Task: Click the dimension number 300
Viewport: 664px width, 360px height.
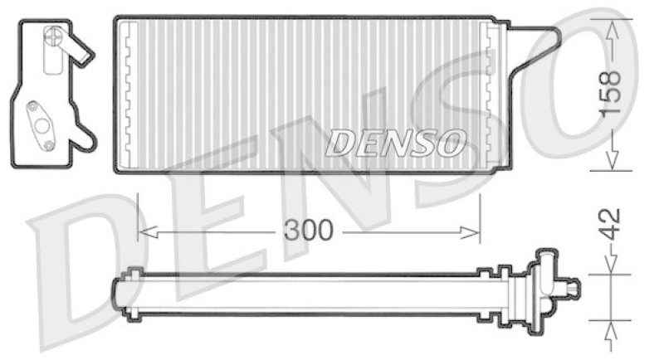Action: [308, 231]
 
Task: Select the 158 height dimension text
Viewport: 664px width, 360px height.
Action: [610, 93]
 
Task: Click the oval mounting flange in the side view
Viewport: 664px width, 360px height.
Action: [40, 124]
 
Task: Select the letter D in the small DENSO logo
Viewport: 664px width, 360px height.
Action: [339, 143]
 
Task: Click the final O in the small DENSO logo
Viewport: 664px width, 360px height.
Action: [450, 143]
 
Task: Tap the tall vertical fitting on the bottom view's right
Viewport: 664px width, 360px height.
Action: [545, 286]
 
